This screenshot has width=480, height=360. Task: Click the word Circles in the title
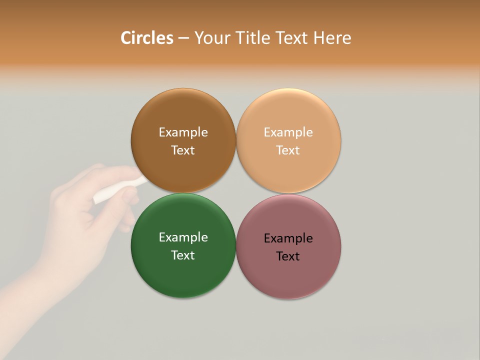click(146, 38)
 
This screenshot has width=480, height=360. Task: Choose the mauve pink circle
click(288, 275)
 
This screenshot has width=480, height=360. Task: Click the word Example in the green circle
click(183, 237)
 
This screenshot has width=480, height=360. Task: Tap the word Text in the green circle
click(183, 255)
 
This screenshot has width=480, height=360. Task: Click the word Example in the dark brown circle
click(183, 132)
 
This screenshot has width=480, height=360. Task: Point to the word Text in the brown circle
click(183, 150)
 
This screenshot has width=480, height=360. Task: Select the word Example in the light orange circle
click(288, 132)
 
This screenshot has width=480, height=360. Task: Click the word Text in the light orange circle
click(288, 150)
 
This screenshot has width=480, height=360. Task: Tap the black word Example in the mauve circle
click(288, 238)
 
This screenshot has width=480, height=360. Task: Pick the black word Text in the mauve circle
click(288, 256)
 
